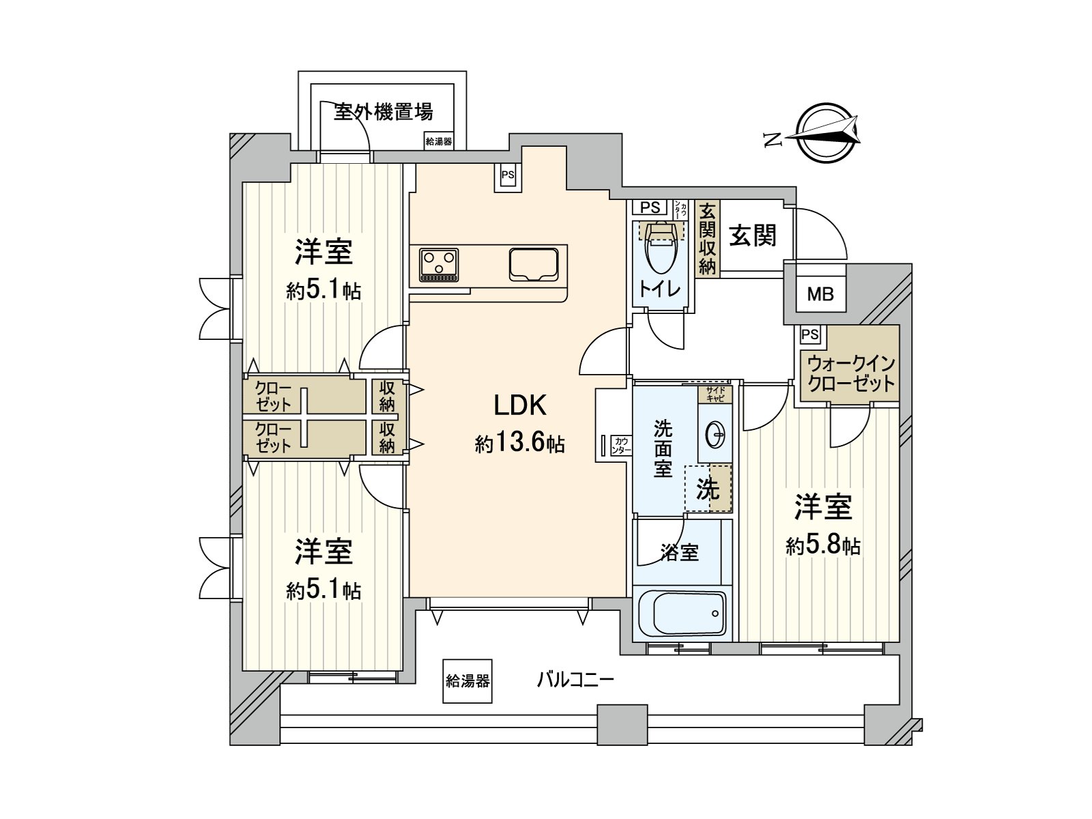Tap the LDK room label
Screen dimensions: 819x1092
pyautogui.click(x=520, y=405)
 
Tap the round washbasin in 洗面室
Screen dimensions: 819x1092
pyautogui.click(x=715, y=434)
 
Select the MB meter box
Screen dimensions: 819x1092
pyautogui.click(x=820, y=294)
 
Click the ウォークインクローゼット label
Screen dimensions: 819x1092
pyautogui.click(x=850, y=373)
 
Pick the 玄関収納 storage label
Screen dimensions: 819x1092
pyautogui.click(x=708, y=238)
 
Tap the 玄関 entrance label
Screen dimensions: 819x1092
pyautogui.click(x=753, y=236)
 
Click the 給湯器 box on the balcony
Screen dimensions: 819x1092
pyautogui.click(x=468, y=680)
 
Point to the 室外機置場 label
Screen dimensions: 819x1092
pyautogui.click(x=383, y=111)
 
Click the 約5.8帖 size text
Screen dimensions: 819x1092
pyautogui.click(x=822, y=546)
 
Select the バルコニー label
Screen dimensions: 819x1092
pyautogui.click(x=575, y=679)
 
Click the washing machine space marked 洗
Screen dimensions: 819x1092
pyautogui.click(x=708, y=489)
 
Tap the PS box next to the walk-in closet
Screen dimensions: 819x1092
pyautogui.click(x=810, y=334)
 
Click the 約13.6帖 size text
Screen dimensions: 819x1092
pyautogui.click(x=520, y=444)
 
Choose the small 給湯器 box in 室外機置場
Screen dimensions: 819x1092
pyautogui.click(x=439, y=141)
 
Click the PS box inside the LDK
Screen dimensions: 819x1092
pyautogui.click(x=508, y=175)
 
